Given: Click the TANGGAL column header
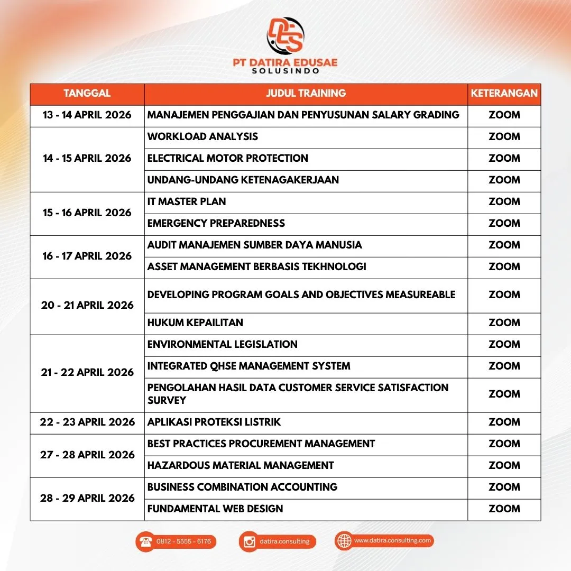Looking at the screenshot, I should coord(87,94).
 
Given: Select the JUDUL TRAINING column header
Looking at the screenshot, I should coord(306,94).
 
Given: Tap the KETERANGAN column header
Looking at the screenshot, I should coord(504,94).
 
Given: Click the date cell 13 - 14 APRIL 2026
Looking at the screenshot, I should coord(87,115).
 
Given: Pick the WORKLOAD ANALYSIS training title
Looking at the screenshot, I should coord(202,136).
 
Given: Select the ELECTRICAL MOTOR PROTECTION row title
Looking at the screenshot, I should coord(227,158).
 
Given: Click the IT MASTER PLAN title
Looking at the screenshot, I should coord(187,201).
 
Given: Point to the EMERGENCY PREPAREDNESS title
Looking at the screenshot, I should coord(216,223).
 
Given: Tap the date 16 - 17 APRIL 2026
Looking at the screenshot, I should coord(87,256).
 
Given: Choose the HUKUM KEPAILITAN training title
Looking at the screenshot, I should coord(195,323).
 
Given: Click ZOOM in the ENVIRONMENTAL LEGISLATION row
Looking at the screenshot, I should coord(504,344).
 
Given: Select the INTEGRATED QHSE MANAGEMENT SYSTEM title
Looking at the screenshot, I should coord(248,366).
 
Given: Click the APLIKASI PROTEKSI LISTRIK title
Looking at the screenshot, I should coord(214,422).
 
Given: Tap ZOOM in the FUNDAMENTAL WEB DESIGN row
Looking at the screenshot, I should coord(504,509).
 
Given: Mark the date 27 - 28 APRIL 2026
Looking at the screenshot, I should coord(87,455).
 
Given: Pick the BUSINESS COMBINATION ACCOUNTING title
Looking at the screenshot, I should coord(242,487).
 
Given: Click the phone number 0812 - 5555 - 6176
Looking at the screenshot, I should coord(183,541).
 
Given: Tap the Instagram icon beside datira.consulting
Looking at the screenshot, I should coord(249,541).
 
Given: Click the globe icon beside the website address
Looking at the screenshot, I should coord(344,541).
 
